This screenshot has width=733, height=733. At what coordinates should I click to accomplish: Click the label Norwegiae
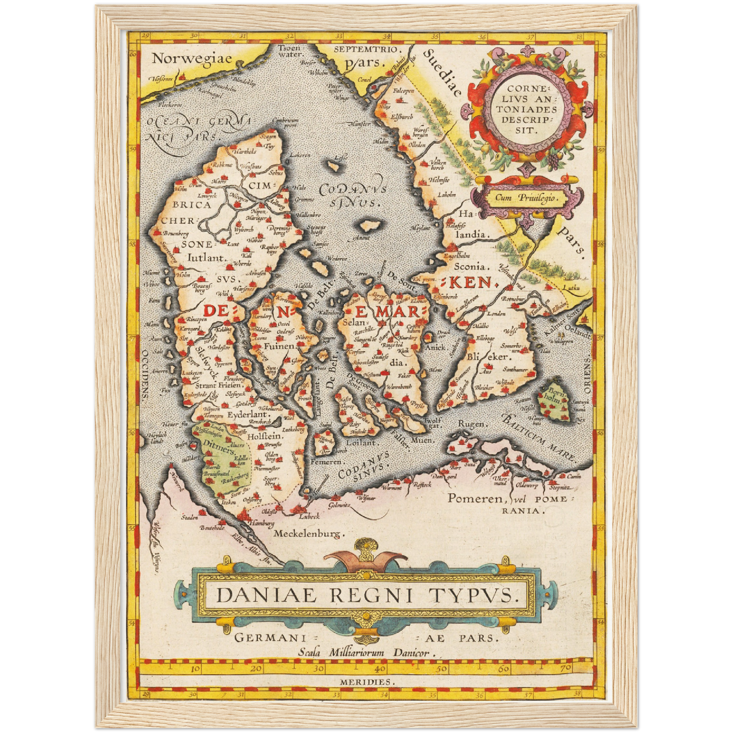point(192,58)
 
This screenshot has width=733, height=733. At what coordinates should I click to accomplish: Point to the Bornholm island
point(553,401)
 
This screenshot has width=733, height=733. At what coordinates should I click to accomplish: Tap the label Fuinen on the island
point(280,346)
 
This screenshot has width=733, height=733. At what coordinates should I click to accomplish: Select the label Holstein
point(265,436)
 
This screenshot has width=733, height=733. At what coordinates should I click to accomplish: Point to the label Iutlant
point(205,257)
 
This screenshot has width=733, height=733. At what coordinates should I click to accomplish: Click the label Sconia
point(472,265)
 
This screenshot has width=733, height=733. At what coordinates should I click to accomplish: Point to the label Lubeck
point(309,516)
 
